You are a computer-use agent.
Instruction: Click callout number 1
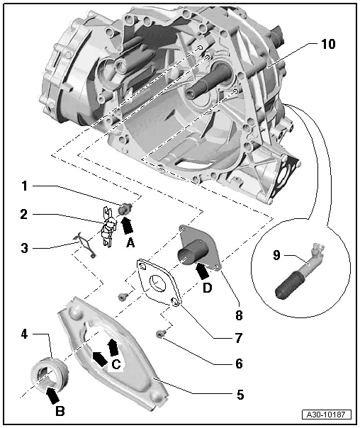pos(24,188)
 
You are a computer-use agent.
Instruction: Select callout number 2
pos(24,213)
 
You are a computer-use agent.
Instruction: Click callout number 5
pos(240,394)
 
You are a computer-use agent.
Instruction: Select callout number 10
pos(327,45)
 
